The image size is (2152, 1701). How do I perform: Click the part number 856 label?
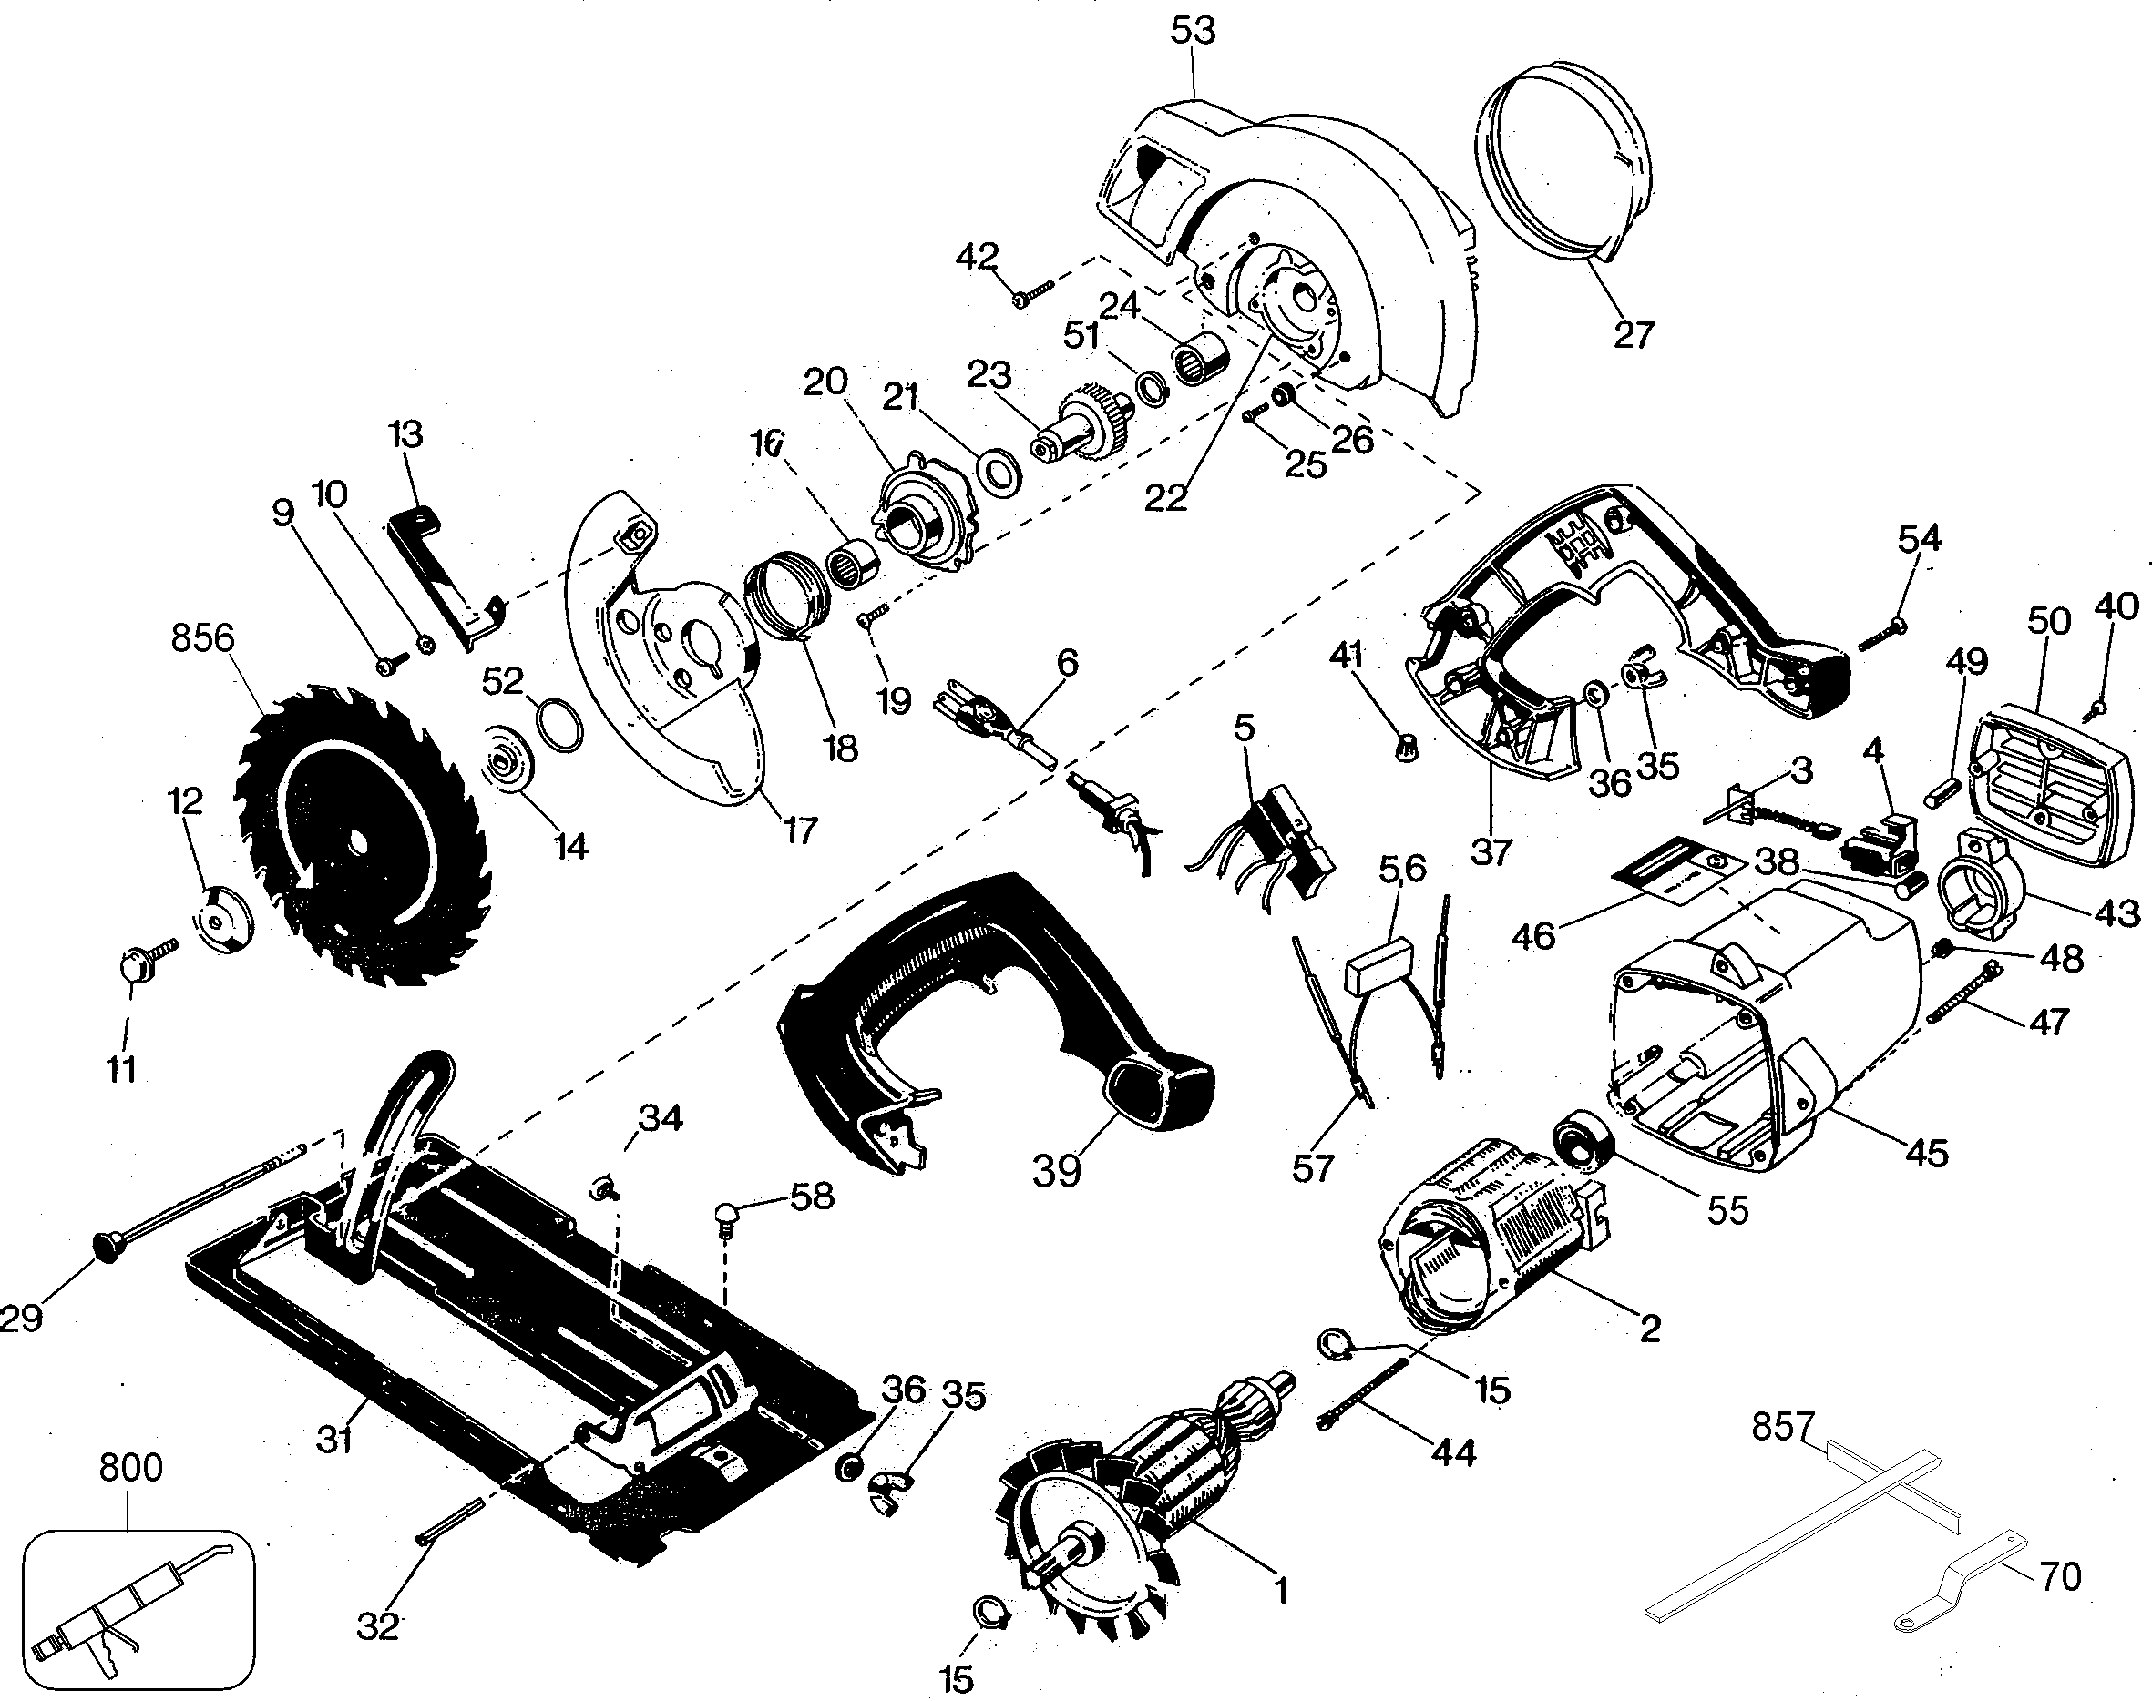202,638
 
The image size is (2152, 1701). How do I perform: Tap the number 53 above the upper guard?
1193,30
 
